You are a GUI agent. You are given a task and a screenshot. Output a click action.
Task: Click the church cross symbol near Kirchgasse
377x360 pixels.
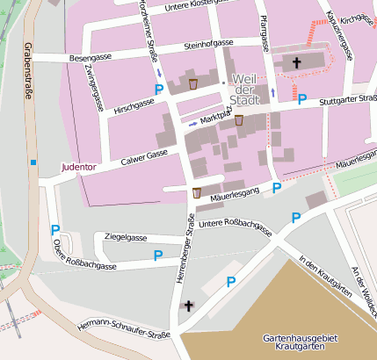(x=297, y=62)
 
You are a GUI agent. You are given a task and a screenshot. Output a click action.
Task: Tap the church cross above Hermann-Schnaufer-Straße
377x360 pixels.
(x=187, y=306)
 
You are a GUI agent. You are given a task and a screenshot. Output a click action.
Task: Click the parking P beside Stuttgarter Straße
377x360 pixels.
(x=301, y=101)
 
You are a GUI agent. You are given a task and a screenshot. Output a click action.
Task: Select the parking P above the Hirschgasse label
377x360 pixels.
(x=159, y=90)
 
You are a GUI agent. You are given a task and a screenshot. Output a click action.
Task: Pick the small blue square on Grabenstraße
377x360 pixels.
(x=33, y=162)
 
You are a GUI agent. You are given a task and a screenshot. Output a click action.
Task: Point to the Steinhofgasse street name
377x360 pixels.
(x=208, y=44)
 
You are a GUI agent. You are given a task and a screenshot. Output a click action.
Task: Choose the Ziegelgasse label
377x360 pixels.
(x=125, y=237)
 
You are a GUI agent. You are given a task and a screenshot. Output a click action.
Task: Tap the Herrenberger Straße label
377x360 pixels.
(x=189, y=259)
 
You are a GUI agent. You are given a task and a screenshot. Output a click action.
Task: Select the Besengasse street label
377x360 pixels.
(x=92, y=58)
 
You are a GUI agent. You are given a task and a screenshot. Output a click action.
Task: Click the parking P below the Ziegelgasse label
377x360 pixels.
(x=158, y=256)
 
